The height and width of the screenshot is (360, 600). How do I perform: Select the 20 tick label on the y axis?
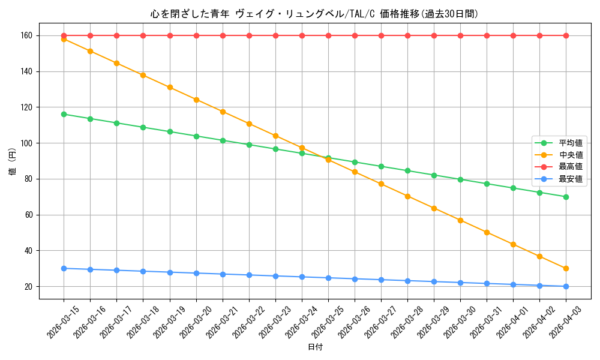pyautogui.click(x=30, y=286)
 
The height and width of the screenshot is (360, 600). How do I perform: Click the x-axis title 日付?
pyautogui.click(x=315, y=347)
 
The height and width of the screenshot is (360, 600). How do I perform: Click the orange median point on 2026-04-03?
pyautogui.click(x=566, y=268)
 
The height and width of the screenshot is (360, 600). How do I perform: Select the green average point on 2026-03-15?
pyautogui.click(x=64, y=114)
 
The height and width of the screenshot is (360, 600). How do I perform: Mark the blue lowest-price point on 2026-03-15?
pyautogui.click(x=64, y=268)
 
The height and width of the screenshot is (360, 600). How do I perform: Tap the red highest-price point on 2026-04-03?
pyautogui.click(x=566, y=35)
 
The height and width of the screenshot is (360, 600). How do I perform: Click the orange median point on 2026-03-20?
pyautogui.click(x=196, y=100)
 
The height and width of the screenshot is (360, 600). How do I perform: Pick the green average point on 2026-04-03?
pyautogui.click(x=566, y=197)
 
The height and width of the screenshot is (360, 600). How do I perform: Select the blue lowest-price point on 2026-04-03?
pyautogui.click(x=566, y=286)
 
